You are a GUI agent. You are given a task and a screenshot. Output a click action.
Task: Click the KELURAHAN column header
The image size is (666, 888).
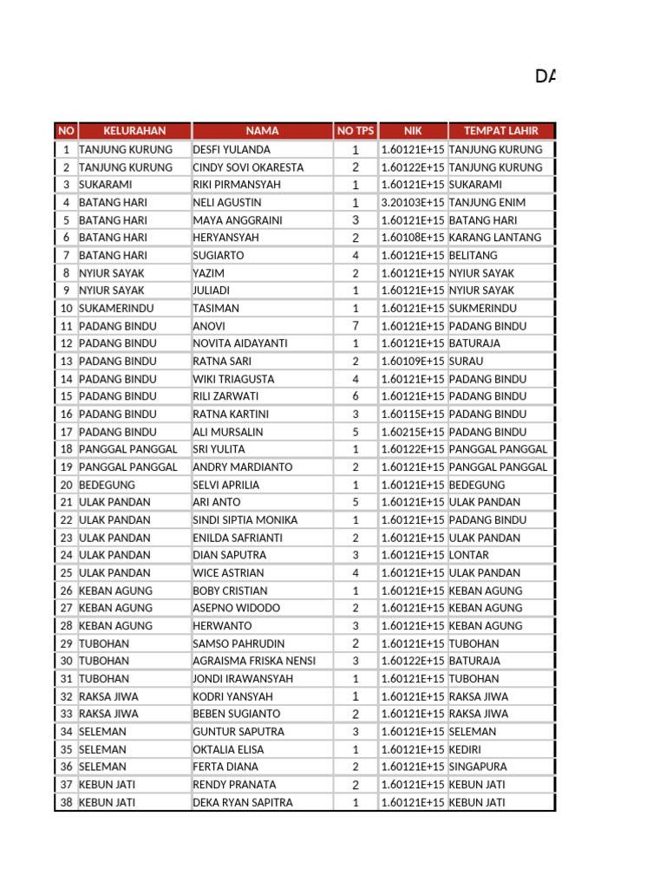point(134,131)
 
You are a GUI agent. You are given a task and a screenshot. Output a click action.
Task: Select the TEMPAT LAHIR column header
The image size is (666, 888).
point(500,131)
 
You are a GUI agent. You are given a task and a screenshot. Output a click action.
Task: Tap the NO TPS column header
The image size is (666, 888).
point(356,131)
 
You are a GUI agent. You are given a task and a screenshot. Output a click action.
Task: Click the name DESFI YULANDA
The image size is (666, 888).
point(232,149)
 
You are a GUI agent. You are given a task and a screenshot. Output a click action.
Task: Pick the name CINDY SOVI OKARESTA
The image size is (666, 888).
point(248,167)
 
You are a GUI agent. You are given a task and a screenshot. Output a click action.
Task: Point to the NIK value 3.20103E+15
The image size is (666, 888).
point(413,202)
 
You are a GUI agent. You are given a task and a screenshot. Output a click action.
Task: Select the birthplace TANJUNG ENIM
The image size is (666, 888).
point(487,202)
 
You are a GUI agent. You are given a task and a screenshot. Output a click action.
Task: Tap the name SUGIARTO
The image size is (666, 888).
point(219,255)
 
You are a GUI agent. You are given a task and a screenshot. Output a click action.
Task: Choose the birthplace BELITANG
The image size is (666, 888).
point(473,255)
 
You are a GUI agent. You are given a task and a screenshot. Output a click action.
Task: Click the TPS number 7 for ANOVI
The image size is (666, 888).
point(356,326)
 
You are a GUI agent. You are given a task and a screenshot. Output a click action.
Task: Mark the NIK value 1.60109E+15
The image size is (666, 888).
point(413,361)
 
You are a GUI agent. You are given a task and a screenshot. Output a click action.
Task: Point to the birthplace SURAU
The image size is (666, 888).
point(467,361)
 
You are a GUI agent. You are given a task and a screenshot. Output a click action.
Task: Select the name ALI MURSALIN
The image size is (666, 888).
point(228,432)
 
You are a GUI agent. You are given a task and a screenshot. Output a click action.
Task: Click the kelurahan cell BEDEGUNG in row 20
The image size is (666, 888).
point(108,485)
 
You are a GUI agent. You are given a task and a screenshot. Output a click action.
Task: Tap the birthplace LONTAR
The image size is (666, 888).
point(469,555)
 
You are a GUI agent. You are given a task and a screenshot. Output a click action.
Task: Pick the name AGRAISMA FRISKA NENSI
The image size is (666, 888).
point(254,661)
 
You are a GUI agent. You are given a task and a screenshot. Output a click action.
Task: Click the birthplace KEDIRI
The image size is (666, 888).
point(467,749)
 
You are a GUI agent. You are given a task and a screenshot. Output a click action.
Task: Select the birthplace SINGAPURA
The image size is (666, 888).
point(478,767)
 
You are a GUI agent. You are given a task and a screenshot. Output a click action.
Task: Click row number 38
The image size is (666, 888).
point(66,802)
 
